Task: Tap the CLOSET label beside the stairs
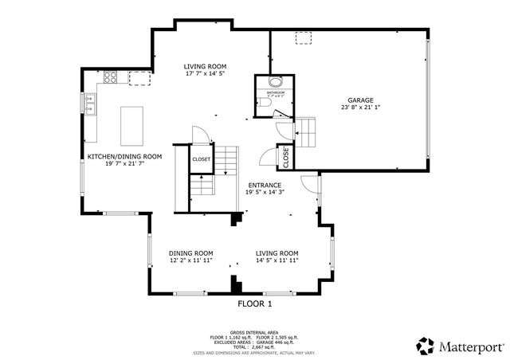[201, 159]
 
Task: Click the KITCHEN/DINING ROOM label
[124, 157]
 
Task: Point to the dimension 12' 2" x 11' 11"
[190, 260]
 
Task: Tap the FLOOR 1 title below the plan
[255, 304]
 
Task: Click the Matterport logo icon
[426, 345]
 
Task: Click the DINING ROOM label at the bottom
[190, 252]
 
